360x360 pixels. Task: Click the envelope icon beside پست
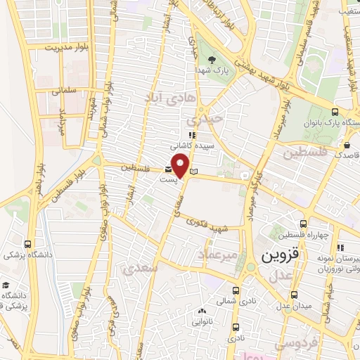[168, 169]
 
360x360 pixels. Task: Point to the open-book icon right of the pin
[195, 171]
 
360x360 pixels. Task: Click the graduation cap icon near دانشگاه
[6, 285]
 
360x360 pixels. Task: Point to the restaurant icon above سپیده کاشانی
[190, 135]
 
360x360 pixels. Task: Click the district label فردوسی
[296, 344]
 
